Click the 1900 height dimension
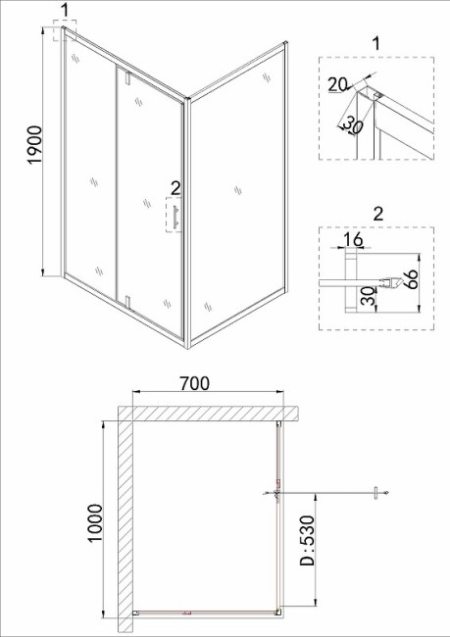pos(35,145)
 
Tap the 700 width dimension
pos(195,383)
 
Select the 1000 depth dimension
pos(95,523)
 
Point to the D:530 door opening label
pos(307,541)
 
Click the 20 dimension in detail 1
pos(337,85)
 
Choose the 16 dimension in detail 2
pos(353,239)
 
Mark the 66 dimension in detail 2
pos(413,279)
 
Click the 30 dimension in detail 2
pos(368,297)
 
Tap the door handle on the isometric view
pos(175,218)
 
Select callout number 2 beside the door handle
pos(175,188)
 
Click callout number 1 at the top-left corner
pos(66,11)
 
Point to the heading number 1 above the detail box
pos(376,43)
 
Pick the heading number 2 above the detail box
pos(378,214)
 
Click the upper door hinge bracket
pos(127,77)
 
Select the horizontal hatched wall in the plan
pos(209,414)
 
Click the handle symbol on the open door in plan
pos(376,493)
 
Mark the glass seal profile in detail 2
pos(390,283)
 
